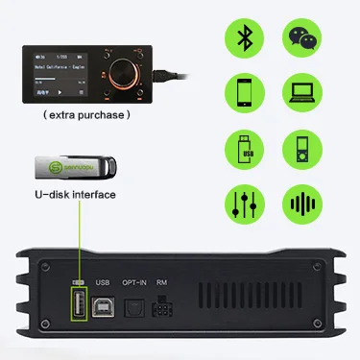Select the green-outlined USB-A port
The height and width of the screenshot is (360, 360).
point(80,307)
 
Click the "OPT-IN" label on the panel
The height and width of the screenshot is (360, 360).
point(135,282)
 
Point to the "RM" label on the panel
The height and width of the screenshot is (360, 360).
point(162,282)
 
